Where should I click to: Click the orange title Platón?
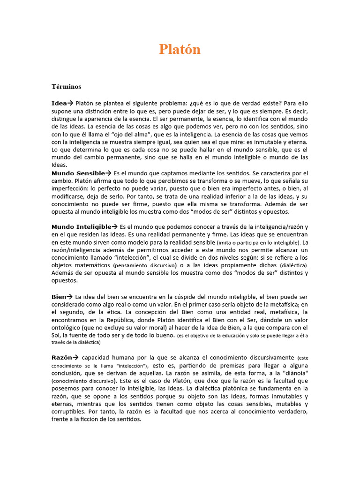(180, 49)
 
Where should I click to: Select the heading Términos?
(66, 87)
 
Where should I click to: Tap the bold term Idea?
(59, 103)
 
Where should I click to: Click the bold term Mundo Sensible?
(78, 173)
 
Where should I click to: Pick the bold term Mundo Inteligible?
(81, 227)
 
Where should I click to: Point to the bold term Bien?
(59, 297)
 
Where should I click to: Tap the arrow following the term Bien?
(69, 297)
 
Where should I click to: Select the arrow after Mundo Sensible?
(108, 173)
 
